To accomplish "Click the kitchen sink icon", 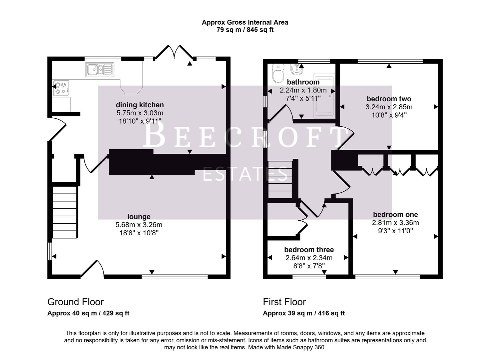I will click(99, 70).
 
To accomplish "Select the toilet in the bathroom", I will click(278, 73).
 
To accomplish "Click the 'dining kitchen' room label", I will click(140, 105).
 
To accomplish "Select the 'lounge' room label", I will click(139, 217).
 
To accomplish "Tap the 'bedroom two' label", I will click(389, 99).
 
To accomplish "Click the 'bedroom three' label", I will click(309, 250).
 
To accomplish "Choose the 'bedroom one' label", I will click(395, 215).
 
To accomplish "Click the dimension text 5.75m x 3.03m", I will click(140, 113).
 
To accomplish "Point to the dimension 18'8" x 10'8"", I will click(139, 233).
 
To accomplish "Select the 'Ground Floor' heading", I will click(75, 302).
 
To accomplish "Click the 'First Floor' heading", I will click(284, 302).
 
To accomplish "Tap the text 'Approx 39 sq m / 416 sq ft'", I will click(304, 313).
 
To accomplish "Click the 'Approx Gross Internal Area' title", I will click(245, 22).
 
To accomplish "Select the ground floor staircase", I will click(65, 212).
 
